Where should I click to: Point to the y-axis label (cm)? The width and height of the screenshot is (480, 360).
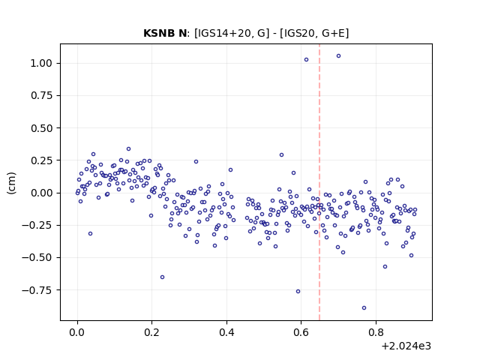click(x=12, y=182)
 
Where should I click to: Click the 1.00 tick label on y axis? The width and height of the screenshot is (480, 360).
click(x=41, y=63)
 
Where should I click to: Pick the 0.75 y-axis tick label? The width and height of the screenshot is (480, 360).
click(x=41, y=96)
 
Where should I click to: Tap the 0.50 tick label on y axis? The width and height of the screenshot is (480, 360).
click(x=41, y=128)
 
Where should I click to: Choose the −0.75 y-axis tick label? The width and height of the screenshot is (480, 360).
click(x=37, y=290)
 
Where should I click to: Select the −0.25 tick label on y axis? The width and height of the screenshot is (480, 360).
click(x=37, y=225)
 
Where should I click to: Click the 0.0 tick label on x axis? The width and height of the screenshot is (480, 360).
click(x=77, y=332)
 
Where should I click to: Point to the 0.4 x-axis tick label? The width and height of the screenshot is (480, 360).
click(x=226, y=332)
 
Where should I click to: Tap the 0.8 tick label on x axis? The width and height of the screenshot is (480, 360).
click(x=376, y=332)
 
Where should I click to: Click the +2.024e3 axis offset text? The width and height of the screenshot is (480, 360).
click(x=406, y=346)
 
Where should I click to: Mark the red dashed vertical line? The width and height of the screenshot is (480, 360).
click(x=319, y=182)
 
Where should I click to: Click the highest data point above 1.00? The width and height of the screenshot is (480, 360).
click(x=338, y=56)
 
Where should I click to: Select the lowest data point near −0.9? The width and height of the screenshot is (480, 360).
click(x=364, y=308)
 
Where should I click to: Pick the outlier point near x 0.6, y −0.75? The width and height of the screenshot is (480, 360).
click(x=298, y=292)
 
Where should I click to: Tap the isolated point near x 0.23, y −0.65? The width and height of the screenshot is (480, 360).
click(x=163, y=277)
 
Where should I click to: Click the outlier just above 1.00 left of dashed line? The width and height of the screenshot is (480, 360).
click(x=307, y=60)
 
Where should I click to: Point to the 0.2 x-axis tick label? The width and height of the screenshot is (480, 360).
click(x=151, y=332)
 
